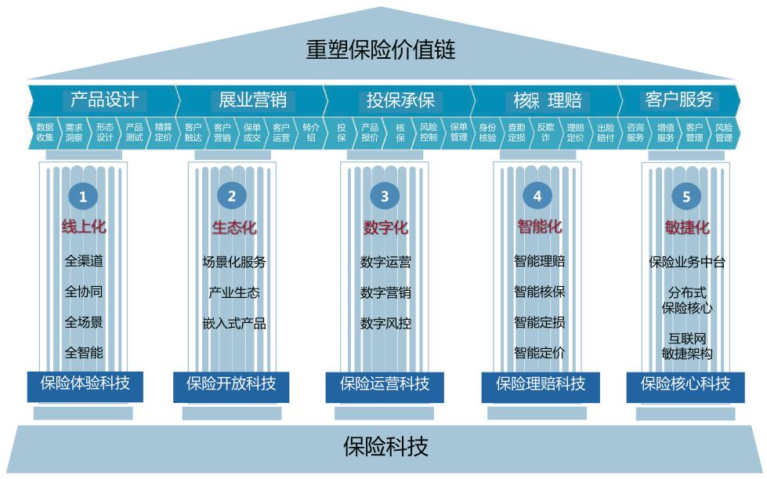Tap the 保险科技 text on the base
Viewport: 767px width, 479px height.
click(x=385, y=447)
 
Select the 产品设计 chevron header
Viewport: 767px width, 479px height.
click(x=104, y=100)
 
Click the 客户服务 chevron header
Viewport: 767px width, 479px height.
click(x=678, y=100)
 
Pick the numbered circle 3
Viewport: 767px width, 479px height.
click(x=384, y=197)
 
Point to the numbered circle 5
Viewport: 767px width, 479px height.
click(x=686, y=197)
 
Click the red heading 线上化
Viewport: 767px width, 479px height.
click(x=84, y=227)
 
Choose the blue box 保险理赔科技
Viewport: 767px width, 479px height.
click(x=540, y=384)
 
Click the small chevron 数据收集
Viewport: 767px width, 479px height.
click(x=45, y=132)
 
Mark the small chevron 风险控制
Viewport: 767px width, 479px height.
click(x=429, y=132)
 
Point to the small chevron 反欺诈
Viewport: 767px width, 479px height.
click(x=545, y=132)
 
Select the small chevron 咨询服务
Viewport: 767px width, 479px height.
click(x=635, y=132)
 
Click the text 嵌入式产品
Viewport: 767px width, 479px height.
click(x=234, y=323)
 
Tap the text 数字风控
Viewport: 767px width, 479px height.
click(x=385, y=323)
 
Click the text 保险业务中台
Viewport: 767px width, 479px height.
click(x=687, y=262)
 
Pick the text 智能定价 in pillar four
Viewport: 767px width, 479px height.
click(x=539, y=353)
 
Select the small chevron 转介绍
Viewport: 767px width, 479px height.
click(x=311, y=132)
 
